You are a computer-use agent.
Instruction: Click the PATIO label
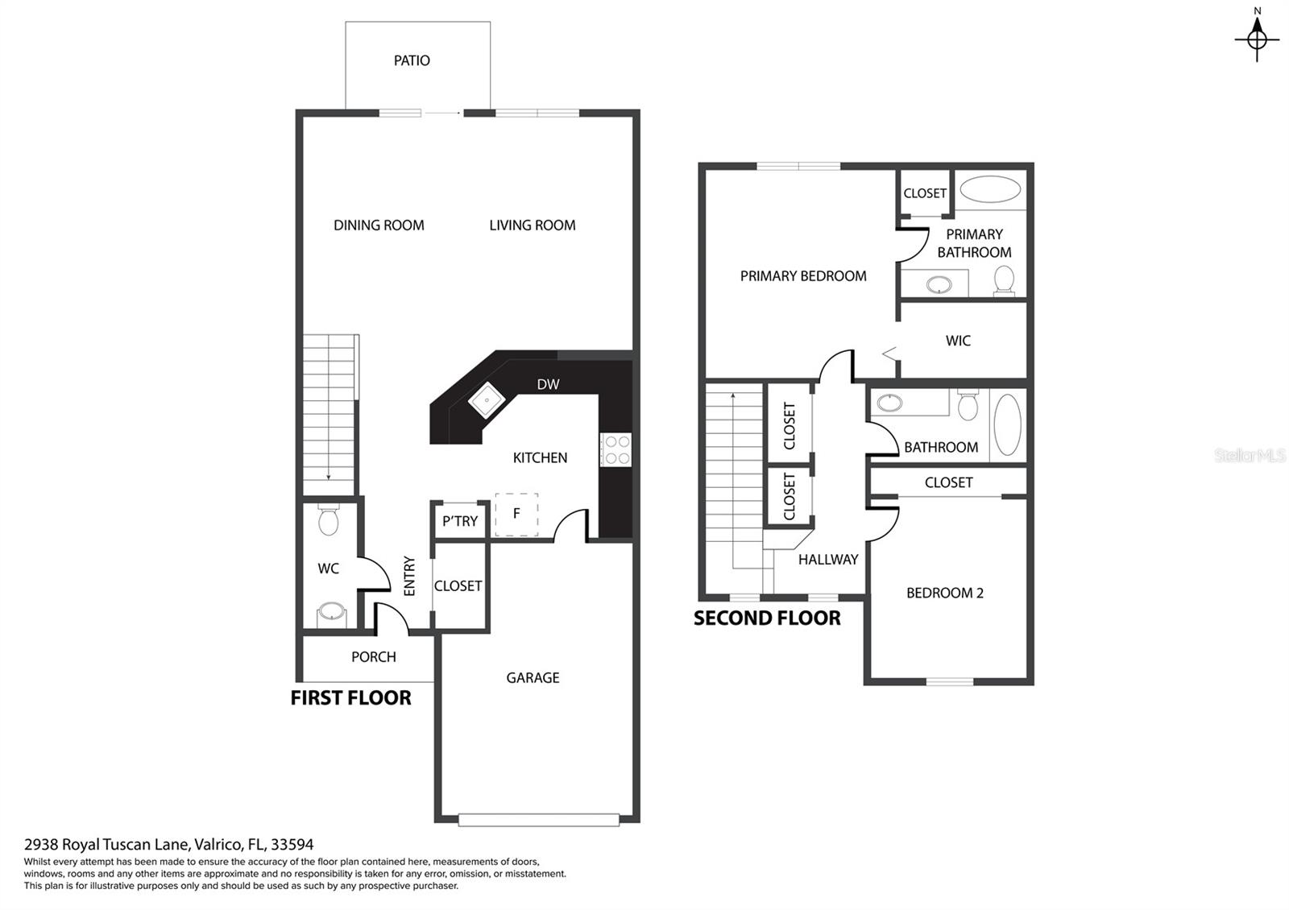point(412,60)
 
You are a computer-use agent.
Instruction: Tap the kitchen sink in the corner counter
point(487,399)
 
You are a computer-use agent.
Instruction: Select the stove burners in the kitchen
point(616,450)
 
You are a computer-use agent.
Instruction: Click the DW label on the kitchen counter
point(548,384)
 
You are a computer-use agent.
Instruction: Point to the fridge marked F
point(516,515)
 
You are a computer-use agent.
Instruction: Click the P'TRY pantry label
point(460,521)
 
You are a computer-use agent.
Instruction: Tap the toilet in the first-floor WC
point(329,519)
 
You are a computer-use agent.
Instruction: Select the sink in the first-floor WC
point(331,614)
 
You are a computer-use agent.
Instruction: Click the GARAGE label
point(533,677)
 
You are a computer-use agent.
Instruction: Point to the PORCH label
point(374,657)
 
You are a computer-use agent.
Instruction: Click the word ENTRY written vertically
point(409,576)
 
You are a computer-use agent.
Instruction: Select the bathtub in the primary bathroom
point(990,189)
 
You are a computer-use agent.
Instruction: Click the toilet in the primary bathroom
point(1004,280)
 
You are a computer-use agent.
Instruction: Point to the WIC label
point(958,341)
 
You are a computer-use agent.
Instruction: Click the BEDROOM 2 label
point(945,593)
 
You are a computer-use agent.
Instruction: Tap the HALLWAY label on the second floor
point(828,559)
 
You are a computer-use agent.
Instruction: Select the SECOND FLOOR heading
point(766,618)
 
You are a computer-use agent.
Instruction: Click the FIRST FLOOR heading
point(350,697)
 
